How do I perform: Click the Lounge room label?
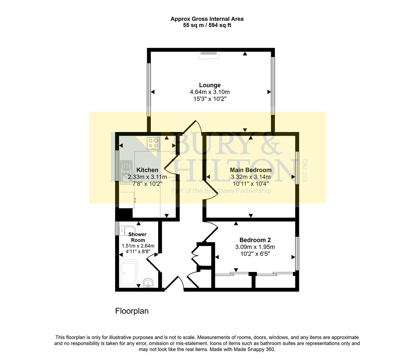[x=210, y=85]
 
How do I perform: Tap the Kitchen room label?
[x=147, y=170]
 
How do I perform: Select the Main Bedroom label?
[x=251, y=170]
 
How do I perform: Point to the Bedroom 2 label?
[x=255, y=240]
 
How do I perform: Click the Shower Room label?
[x=137, y=237]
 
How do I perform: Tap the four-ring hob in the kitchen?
[x=153, y=143]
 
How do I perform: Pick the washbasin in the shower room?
[x=148, y=283]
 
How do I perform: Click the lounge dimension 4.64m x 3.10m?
[x=210, y=92]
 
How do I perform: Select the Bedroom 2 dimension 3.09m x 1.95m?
[x=255, y=247]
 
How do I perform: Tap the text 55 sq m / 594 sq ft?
[x=207, y=25]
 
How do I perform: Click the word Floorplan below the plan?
[x=132, y=311]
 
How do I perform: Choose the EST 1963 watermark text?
[x=304, y=170]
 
